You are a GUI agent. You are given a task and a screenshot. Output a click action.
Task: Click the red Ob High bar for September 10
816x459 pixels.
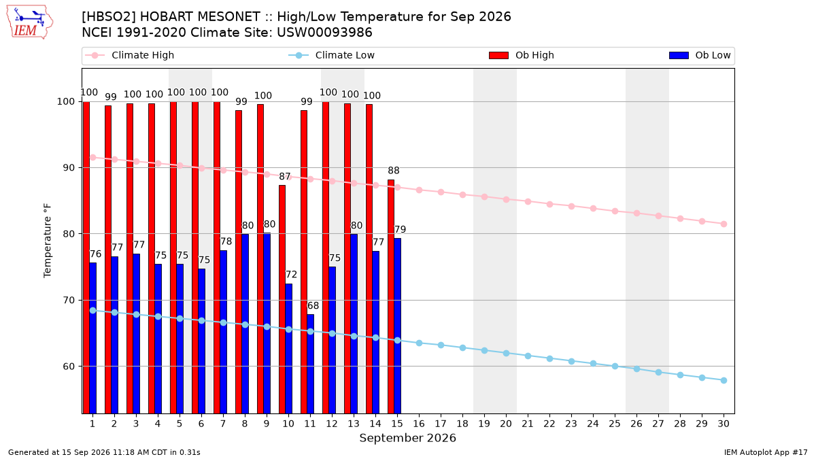click(x=282, y=299)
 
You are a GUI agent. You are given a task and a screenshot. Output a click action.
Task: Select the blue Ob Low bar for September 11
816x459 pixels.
click(x=310, y=364)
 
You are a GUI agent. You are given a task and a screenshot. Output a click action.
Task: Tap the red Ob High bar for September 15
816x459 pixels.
click(x=391, y=296)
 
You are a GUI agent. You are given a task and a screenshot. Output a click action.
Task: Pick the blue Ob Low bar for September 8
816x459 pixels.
click(x=245, y=324)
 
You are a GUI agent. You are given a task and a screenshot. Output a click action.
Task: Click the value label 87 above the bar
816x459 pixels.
click(x=285, y=177)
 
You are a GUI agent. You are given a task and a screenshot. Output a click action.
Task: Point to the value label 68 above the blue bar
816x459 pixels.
click(x=313, y=305)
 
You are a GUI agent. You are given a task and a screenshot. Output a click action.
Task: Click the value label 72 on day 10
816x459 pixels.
click(x=291, y=274)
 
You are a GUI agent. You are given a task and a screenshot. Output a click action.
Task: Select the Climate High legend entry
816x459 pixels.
click(x=129, y=55)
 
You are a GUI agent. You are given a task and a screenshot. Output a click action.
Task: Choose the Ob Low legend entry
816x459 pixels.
click(x=700, y=55)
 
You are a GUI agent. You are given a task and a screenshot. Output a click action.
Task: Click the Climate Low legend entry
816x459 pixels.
click(x=331, y=55)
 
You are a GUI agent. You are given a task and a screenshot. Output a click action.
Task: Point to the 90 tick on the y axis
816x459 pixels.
click(x=69, y=168)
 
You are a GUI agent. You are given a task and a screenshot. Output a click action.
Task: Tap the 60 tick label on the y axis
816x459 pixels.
click(x=69, y=367)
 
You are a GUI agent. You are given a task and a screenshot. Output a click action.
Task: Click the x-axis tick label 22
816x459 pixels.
click(x=549, y=424)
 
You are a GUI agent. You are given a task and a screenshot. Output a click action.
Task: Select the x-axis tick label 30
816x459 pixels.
click(x=724, y=424)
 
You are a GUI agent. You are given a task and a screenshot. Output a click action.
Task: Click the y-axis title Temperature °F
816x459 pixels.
click(x=48, y=241)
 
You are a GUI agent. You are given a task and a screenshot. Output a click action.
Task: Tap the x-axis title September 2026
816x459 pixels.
click(x=407, y=438)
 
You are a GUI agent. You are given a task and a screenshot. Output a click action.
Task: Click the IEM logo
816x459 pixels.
click(x=29, y=22)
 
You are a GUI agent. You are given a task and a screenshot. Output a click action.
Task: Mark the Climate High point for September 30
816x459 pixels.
click(x=724, y=224)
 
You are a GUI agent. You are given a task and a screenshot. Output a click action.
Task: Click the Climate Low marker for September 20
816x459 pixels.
click(x=506, y=354)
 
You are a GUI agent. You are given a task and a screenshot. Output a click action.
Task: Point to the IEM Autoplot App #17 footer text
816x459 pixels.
click(x=766, y=452)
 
